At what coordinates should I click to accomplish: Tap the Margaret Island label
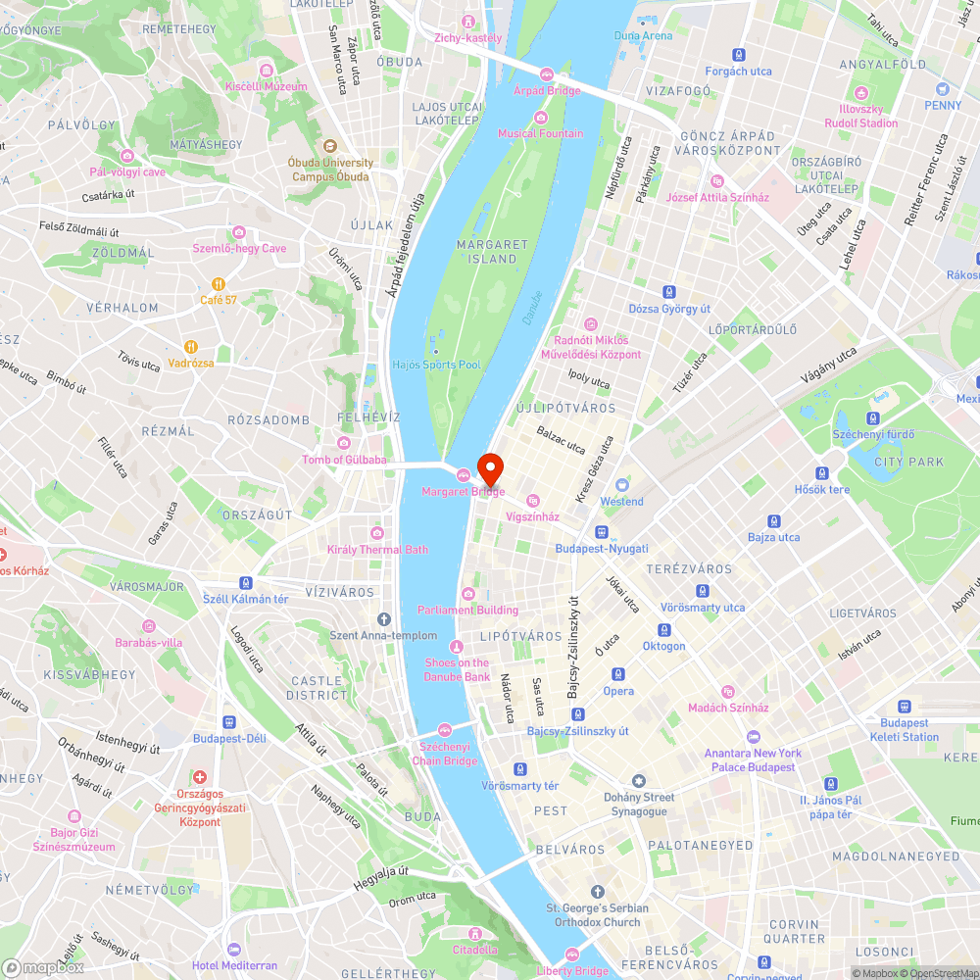pyautogui.click(x=493, y=252)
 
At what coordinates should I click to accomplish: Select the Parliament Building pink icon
pyautogui.click(x=468, y=594)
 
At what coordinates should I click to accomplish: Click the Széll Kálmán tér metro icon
pyautogui.click(x=246, y=582)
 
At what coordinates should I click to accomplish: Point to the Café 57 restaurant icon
pyautogui.click(x=219, y=283)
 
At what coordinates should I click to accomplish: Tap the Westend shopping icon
pyautogui.click(x=621, y=485)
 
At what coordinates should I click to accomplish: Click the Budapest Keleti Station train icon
pyautogui.click(x=903, y=706)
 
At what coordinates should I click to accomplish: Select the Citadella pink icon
pyautogui.click(x=475, y=933)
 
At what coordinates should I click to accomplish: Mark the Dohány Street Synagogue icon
pyautogui.click(x=640, y=780)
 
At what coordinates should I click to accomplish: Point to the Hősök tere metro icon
pyautogui.click(x=821, y=472)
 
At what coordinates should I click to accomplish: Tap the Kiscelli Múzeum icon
pyautogui.click(x=267, y=70)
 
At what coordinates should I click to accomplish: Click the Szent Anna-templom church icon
pyautogui.click(x=384, y=618)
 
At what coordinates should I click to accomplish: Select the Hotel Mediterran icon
pyautogui.click(x=233, y=950)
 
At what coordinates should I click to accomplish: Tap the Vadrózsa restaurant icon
pyautogui.click(x=191, y=346)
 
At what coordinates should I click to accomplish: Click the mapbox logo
pyautogui.click(x=44, y=966)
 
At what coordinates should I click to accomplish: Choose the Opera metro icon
pyautogui.click(x=618, y=674)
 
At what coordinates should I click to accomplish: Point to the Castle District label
pyautogui.click(x=317, y=688)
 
